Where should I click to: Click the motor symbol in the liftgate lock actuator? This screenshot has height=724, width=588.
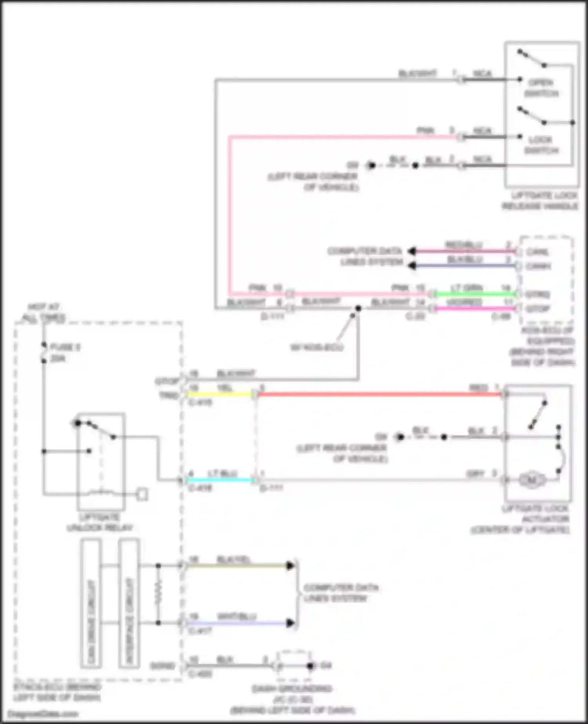click(x=532, y=480)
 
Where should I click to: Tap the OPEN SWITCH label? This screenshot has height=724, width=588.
click(x=541, y=88)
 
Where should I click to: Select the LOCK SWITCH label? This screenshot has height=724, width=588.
click(x=541, y=145)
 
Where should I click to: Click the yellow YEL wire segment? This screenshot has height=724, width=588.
click(x=220, y=394)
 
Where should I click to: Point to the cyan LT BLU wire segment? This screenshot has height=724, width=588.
click(x=220, y=480)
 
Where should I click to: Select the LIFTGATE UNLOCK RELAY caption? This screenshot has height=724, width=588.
click(x=100, y=522)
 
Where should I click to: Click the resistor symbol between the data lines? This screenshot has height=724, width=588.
click(x=158, y=595)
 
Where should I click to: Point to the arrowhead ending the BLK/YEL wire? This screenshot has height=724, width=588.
click(x=290, y=566)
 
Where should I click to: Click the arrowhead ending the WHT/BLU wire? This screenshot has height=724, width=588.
click(x=290, y=623)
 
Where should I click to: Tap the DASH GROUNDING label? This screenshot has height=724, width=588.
click(x=292, y=689)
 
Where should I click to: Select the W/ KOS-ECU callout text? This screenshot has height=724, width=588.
click(x=317, y=347)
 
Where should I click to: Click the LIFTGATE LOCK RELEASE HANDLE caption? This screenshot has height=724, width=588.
click(x=540, y=201)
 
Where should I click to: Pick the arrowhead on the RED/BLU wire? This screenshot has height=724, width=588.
click(x=412, y=251)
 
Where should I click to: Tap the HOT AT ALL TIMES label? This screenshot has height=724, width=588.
click(x=44, y=313)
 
